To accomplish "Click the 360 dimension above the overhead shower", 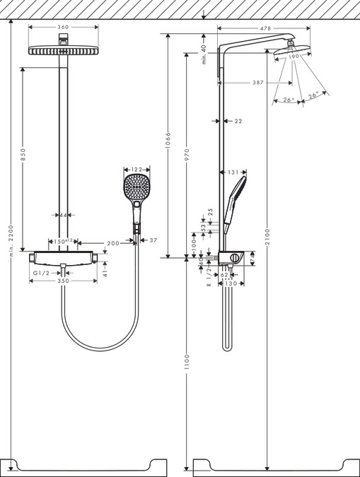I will [63, 28].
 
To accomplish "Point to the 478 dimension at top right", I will [265, 28].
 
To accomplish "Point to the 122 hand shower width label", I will [137, 170].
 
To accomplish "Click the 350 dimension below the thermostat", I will [63, 281].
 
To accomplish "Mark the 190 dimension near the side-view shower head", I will [295, 55].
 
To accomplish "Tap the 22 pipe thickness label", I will [238, 122].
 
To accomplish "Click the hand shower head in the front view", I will [137, 188].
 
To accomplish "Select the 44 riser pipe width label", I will [64, 215].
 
